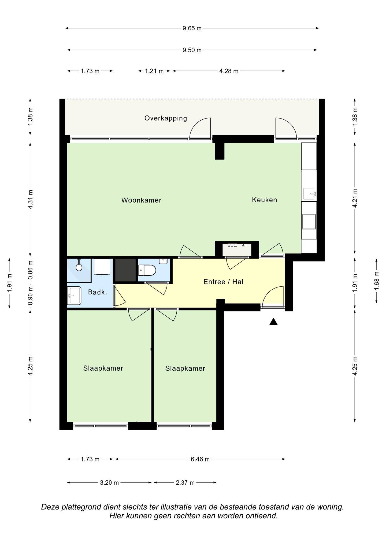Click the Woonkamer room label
pyautogui.click(x=141, y=200)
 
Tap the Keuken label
pyautogui.click(x=264, y=200)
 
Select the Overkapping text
pyautogui.click(x=166, y=118)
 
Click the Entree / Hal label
pyautogui.click(x=223, y=282)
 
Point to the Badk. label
pyautogui.click(x=98, y=292)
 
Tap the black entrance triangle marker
pyautogui.click(x=273, y=322)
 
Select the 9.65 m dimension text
pyautogui.click(x=192, y=28)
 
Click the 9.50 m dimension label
pyautogui.click(x=192, y=50)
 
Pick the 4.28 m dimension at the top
pyautogui.click(x=229, y=71)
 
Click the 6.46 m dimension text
pyautogui.click(x=200, y=459)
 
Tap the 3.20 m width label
pyautogui.click(x=109, y=483)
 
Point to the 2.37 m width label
pyautogui.click(x=185, y=483)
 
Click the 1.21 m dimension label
pyautogui.click(x=154, y=71)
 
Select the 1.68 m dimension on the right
pyautogui.click(x=377, y=281)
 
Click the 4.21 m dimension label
pyautogui.click(x=355, y=198)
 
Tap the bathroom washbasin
pyautogui.click(x=74, y=296)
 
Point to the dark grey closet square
pyautogui.click(x=125, y=270)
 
